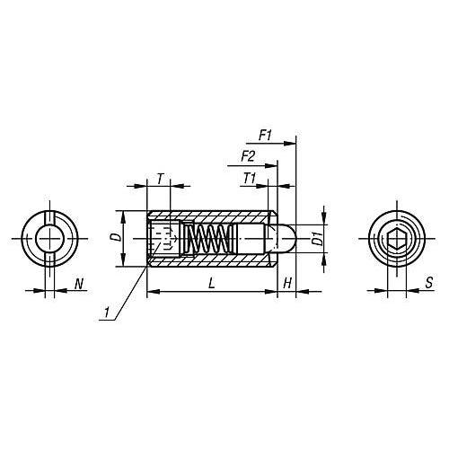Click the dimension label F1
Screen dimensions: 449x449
[265, 135]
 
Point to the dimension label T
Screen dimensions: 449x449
[160, 178]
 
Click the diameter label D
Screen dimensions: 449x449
[113, 237]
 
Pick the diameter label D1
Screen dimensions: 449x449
[316, 239]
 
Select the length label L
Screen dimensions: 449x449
[210, 284]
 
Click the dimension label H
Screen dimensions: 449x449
[286, 284]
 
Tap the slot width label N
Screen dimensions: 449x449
[79, 285]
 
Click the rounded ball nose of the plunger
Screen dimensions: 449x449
[286, 238]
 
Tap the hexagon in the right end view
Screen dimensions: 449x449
[399, 239]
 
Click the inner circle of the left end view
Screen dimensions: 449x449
[49, 239]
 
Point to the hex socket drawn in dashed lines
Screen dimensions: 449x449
[163, 239]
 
